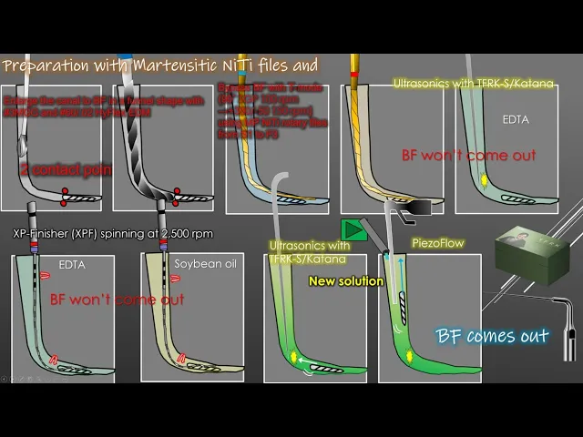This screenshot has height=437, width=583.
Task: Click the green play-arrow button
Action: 353,229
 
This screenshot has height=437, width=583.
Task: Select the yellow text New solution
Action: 345,281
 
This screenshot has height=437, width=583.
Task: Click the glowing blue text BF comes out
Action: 492,336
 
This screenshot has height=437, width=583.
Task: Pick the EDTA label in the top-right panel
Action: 516,119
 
